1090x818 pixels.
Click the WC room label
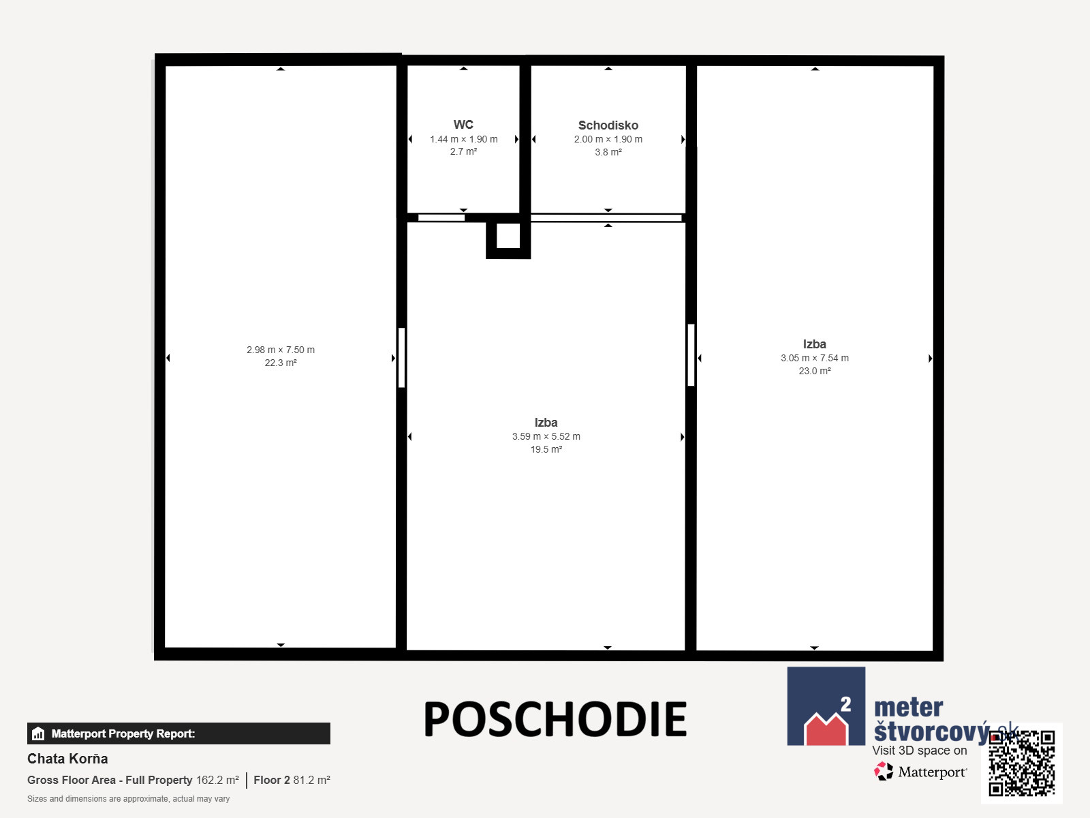pos(463,124)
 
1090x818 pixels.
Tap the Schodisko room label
pos(608,125)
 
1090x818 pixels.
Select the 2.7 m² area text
pos(463,151)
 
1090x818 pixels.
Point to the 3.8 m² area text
pos(608,152)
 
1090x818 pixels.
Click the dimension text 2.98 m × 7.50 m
pos(281,350)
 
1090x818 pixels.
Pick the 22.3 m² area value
pos(281,363)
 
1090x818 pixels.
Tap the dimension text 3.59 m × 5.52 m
pos(546,436)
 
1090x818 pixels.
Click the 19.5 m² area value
pos(546,449)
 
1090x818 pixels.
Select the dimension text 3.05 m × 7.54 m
pos(814,358)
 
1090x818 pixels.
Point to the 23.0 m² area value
pos(814,371)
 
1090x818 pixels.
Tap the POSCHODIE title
pos(555,718)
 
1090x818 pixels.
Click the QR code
pos(1021,763)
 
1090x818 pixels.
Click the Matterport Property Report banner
pos(178,733)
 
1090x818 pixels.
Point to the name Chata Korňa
pos(67,759)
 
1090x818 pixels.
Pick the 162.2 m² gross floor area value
pos(217,780)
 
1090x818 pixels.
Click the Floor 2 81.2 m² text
pos(292,780)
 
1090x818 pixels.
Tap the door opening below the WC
pos(441,217)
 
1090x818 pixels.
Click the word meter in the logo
pos(908,708)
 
